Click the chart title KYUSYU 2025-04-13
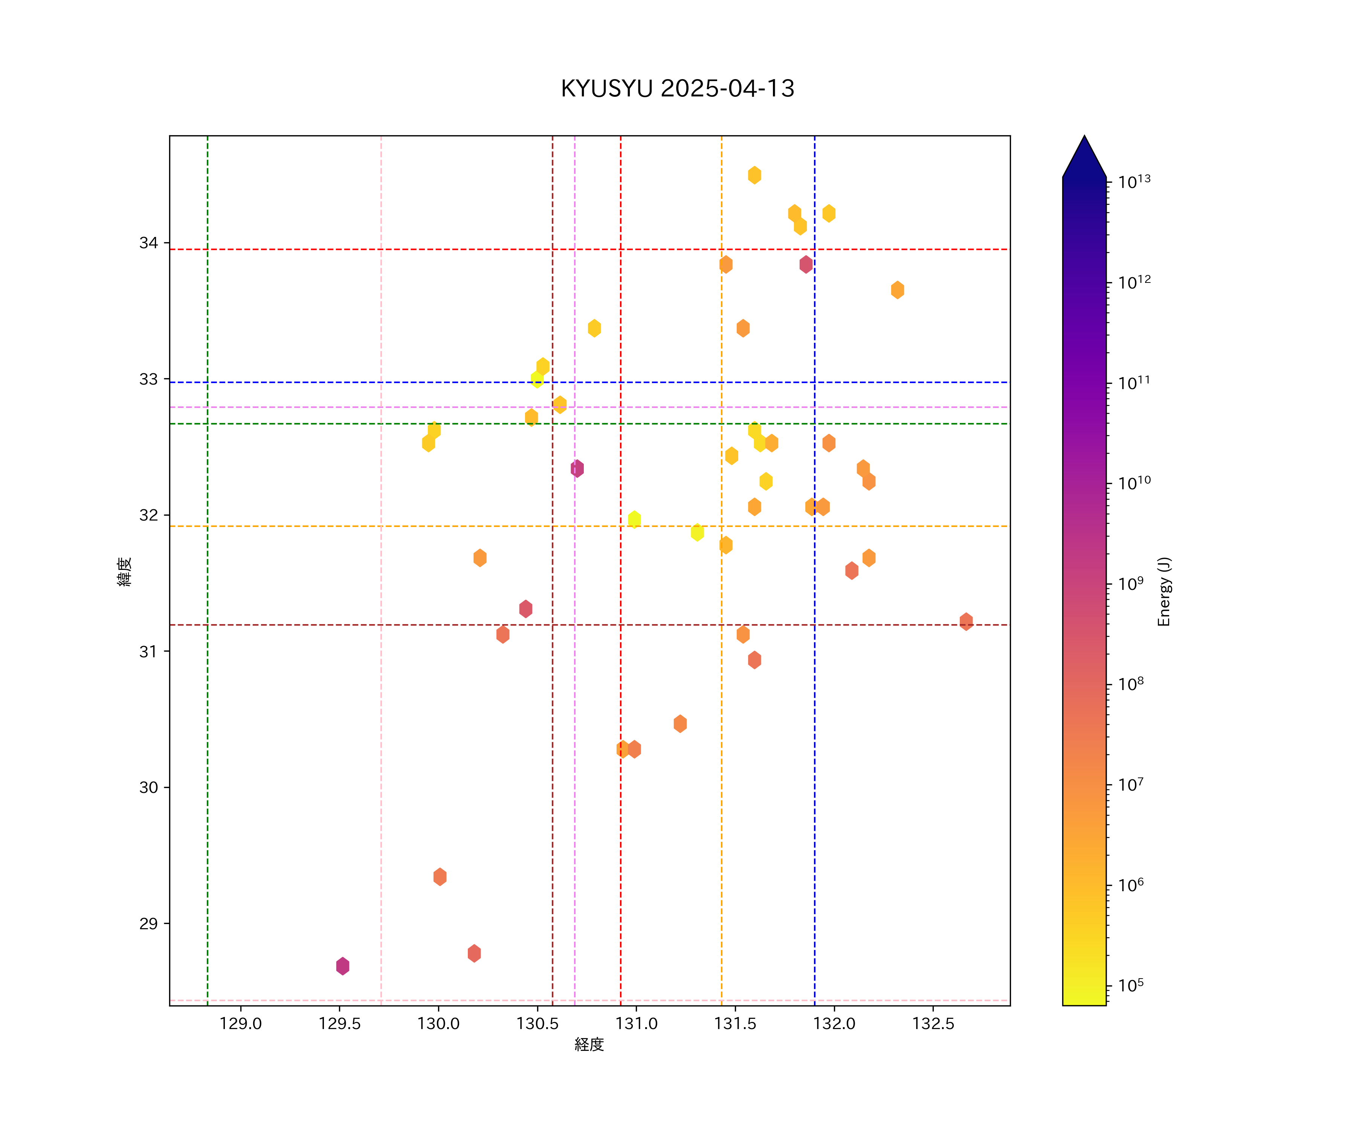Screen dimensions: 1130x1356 tap(677, 89)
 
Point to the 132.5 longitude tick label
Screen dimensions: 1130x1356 tap(932, 1024)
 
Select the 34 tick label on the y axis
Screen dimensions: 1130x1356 tap(148, 243)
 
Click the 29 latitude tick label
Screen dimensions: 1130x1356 tap(148, 923)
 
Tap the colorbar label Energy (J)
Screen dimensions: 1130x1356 tap(1164, 591)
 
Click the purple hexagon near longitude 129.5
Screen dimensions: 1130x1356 tap(343, 966)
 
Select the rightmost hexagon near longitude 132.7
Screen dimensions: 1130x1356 tap(966, 621)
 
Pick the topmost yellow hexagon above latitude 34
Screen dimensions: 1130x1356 tap(754, 175)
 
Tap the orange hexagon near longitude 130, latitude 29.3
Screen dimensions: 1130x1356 tap(440, 877)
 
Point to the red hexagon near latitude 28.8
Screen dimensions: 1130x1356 tap(474, 953)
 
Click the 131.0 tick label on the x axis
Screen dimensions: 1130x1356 tap(636, 1024)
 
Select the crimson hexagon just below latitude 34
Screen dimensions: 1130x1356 tap(806, 264)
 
